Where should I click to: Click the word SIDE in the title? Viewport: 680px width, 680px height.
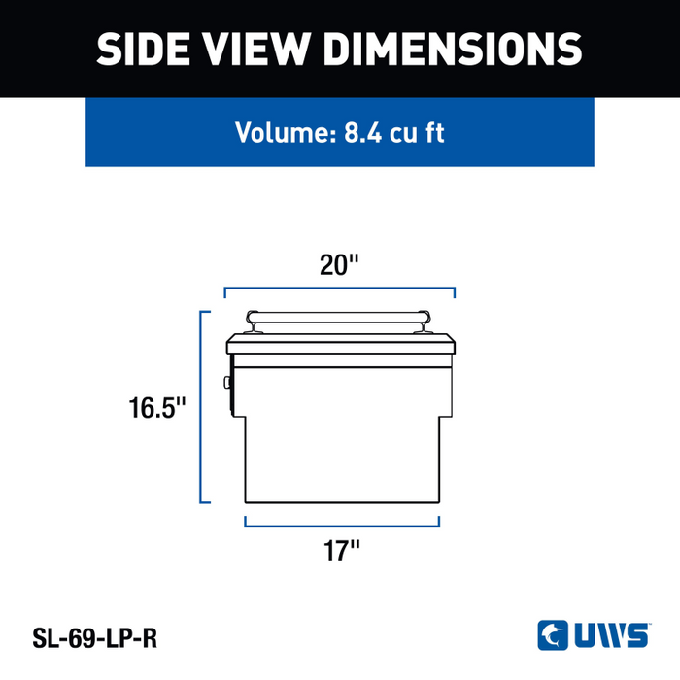point(143,49)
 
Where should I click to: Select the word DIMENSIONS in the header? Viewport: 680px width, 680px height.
point(453,49)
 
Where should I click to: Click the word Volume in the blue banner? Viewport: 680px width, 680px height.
point(287,132)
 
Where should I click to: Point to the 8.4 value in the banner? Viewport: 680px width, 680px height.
point(363,133)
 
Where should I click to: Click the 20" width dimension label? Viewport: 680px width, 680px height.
point(339,264)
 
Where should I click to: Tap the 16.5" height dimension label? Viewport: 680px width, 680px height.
point(157,408)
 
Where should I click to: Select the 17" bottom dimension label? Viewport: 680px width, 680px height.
point(342,551)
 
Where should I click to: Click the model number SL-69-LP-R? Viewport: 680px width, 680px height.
point(95,638)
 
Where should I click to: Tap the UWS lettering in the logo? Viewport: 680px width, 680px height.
point(612,635)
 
